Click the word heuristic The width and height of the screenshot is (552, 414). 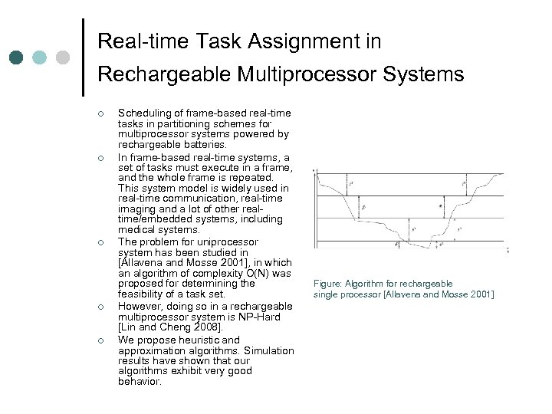point(193,340)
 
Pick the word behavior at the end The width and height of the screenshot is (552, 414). point(140,381)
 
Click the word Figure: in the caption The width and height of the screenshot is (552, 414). point(328,284)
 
